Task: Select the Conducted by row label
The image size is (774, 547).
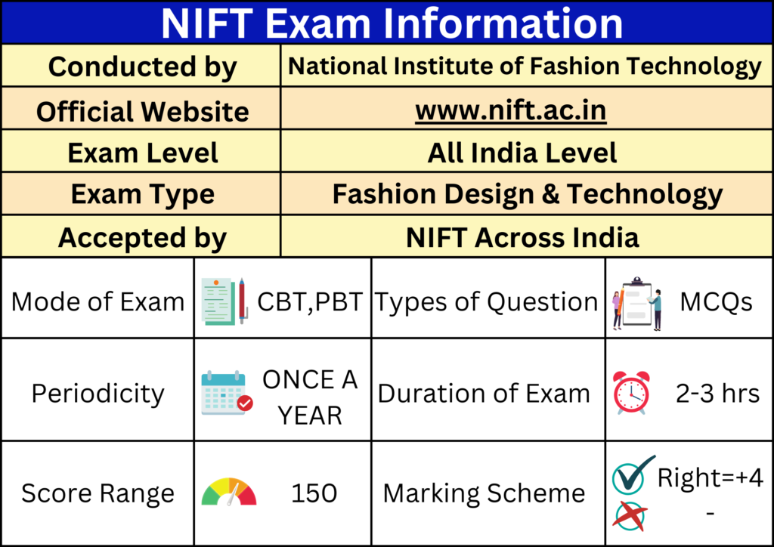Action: point(142,66)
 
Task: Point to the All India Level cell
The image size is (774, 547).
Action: point(522,153)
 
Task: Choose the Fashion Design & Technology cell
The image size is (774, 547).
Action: point(527,195)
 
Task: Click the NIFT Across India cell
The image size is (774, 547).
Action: point(522,237)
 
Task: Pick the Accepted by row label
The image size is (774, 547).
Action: point(142,237)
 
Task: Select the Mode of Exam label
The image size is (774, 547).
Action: point(98,302)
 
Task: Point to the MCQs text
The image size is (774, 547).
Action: point(715,302)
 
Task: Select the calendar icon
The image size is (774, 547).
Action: point(227,393)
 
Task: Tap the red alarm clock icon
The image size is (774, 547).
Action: point(631,393)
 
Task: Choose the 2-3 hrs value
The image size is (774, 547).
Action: point(717,393)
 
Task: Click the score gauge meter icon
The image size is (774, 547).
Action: point(229,492)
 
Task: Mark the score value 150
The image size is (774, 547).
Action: point(314,493)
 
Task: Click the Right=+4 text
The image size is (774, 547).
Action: point(710,477)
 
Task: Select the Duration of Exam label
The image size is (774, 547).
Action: point(484,393)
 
